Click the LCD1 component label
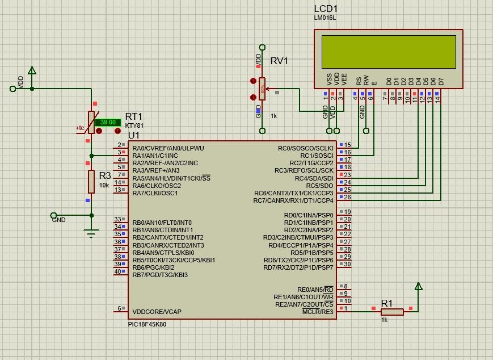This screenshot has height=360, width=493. pyautogui.click(x=326, y=9)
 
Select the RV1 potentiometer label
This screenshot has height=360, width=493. pyautogui.click(x=279, y=61)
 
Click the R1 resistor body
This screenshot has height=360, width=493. pyautogui.click(x=392, y=311)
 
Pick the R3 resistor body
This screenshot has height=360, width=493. pyautogui.click(x=91, y=182)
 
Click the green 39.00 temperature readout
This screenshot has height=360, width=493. pyautogui.click(x=107, y=122)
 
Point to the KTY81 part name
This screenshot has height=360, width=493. pyautogui.click(x=134, y=125)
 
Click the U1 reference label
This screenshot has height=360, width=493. pyautogui.click(x=133, y=135)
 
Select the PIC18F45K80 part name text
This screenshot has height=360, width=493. pyautogui.click(x=147, y=324)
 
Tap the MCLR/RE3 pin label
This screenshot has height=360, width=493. pyautogui.click(x=318, y=312)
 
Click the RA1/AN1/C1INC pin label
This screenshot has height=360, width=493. pyautogui.click(x=155, y=156)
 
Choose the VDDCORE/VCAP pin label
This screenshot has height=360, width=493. pyautogui.click(x=157, y=312)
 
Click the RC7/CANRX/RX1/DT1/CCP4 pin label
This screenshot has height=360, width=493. pyautogui.click(x=293, y=200)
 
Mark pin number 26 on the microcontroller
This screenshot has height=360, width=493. pyautogui.click(x=347, y=198)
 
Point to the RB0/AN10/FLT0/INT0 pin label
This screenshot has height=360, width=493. pyautogui.click(x=162, y=223)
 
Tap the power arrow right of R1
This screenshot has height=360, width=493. pyautogui.click(x=418, y=287)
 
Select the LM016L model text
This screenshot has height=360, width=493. pyautogui.click(x=325, y=18)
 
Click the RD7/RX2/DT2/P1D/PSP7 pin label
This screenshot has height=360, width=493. pyautogui.click(x=298, y=267)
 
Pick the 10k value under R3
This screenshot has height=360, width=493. pyautogui.click(x=104, y=185)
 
